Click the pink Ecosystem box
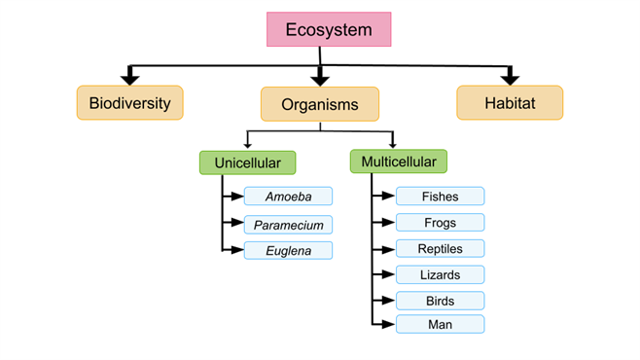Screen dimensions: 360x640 click(329, 30)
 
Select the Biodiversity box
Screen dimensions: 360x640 click(130, 102)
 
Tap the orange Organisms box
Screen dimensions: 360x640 click(319, 104)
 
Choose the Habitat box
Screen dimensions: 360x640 click(509, 102)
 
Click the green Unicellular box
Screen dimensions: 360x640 click(247, 162)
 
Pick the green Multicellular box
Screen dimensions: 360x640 click(399, 162)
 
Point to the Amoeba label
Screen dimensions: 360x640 click(288, 197)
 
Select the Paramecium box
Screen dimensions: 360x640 click(288, 224)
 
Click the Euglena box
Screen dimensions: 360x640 click(288, 250)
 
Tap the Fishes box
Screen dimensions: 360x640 click(440, 197)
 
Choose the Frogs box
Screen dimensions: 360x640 click(440, 223)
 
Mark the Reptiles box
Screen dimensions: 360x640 click(440, 248)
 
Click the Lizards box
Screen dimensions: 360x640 click(440, 274)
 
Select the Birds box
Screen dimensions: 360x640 click(440, 301)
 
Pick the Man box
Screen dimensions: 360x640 click(440, 324)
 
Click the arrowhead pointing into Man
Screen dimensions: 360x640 click(388, 324)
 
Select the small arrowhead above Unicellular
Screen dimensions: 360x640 click(247, 145)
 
